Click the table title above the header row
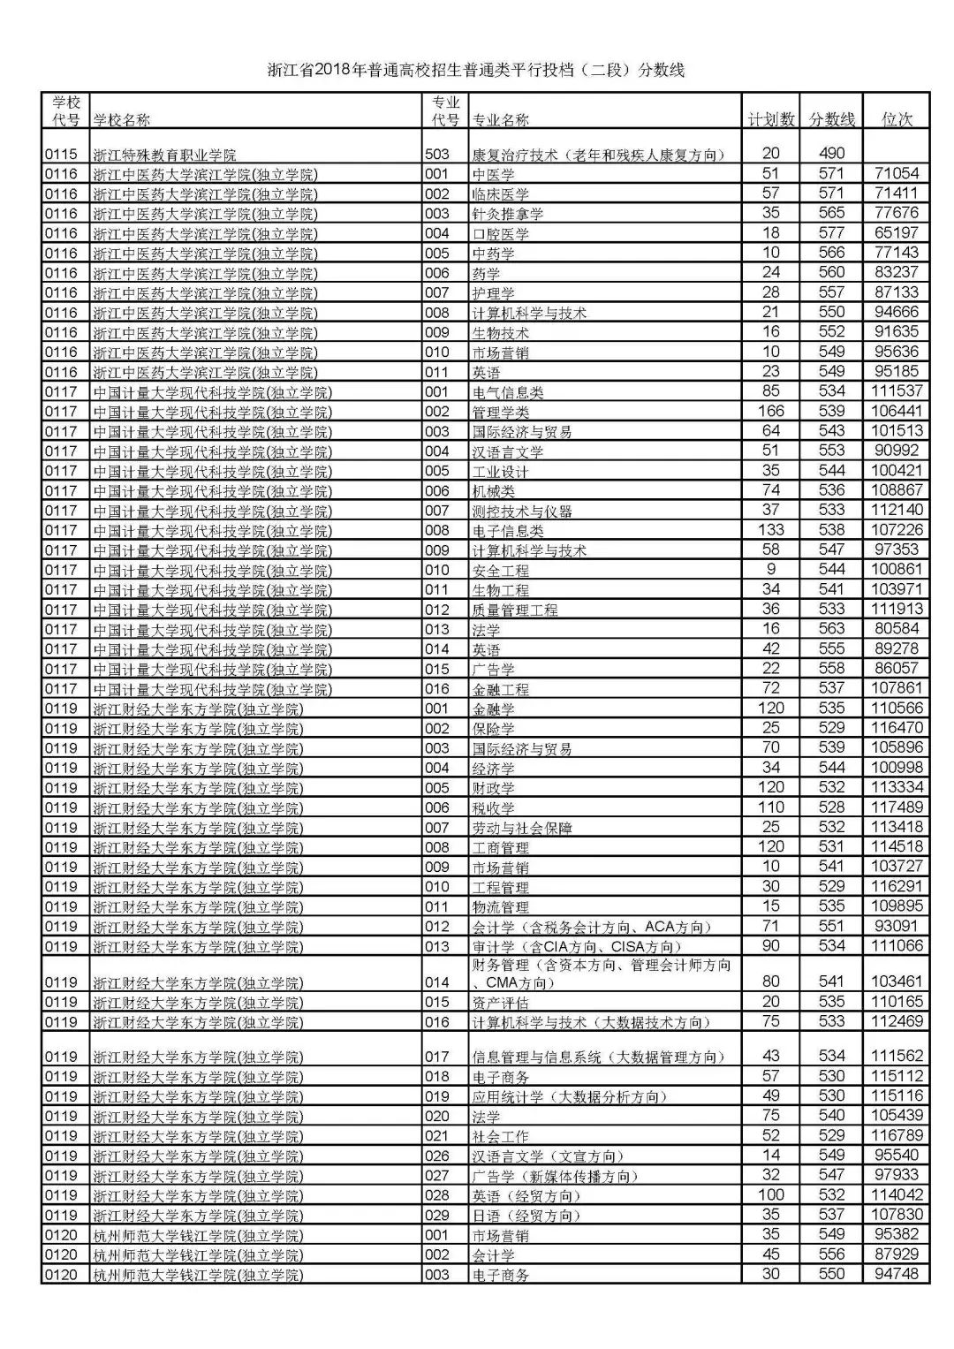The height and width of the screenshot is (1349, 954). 476,71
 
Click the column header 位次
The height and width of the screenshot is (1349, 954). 897,119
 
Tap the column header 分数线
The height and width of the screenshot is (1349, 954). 831,119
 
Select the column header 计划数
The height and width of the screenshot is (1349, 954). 770,119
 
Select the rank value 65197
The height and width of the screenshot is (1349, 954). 896,232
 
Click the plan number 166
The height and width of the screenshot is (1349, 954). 770,411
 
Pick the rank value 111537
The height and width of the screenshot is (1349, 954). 896,390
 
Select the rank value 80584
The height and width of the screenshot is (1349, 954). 896,628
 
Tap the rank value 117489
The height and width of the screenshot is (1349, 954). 896,807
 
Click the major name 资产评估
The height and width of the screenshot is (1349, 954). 501,1003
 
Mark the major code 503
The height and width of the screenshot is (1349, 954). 437,153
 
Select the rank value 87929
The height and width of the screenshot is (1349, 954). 896,1254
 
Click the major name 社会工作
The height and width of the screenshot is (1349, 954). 501,1136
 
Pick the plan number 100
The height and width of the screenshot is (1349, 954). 770,1194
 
